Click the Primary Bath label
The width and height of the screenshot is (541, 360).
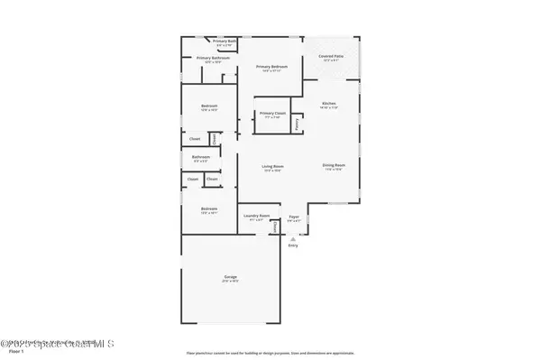click(x=225, y=41)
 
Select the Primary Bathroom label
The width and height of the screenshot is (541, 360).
click(x=214, y=58)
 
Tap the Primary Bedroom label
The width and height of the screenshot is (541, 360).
click(x=271, y=67)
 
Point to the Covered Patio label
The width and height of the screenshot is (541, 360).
click(x=331, y=57)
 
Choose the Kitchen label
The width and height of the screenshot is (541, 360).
click(x=329, y=104)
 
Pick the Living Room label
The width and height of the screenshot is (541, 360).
click(x=273, y=166)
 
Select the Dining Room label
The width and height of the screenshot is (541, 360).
click(x=334, y=165)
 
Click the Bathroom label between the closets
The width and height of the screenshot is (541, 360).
click(x=201, y=157)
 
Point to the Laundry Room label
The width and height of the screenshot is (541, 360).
click(x=255, y=215)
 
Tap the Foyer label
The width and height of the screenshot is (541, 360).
click(x=293, y=216)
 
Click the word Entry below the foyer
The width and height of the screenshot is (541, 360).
click(x=292, y=245)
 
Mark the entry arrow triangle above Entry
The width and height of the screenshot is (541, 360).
click(x=292, y=236)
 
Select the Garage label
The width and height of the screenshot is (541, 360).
click(x=232, y=276)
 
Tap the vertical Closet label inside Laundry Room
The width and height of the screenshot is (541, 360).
click(x=275, y=227)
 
